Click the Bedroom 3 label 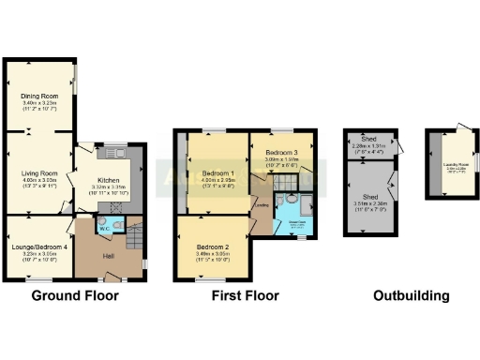click(x=280, y=152)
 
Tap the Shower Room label click(x=296, y=221)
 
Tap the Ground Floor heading click(x=75, y=296)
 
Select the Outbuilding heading click(x=411, y=296)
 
